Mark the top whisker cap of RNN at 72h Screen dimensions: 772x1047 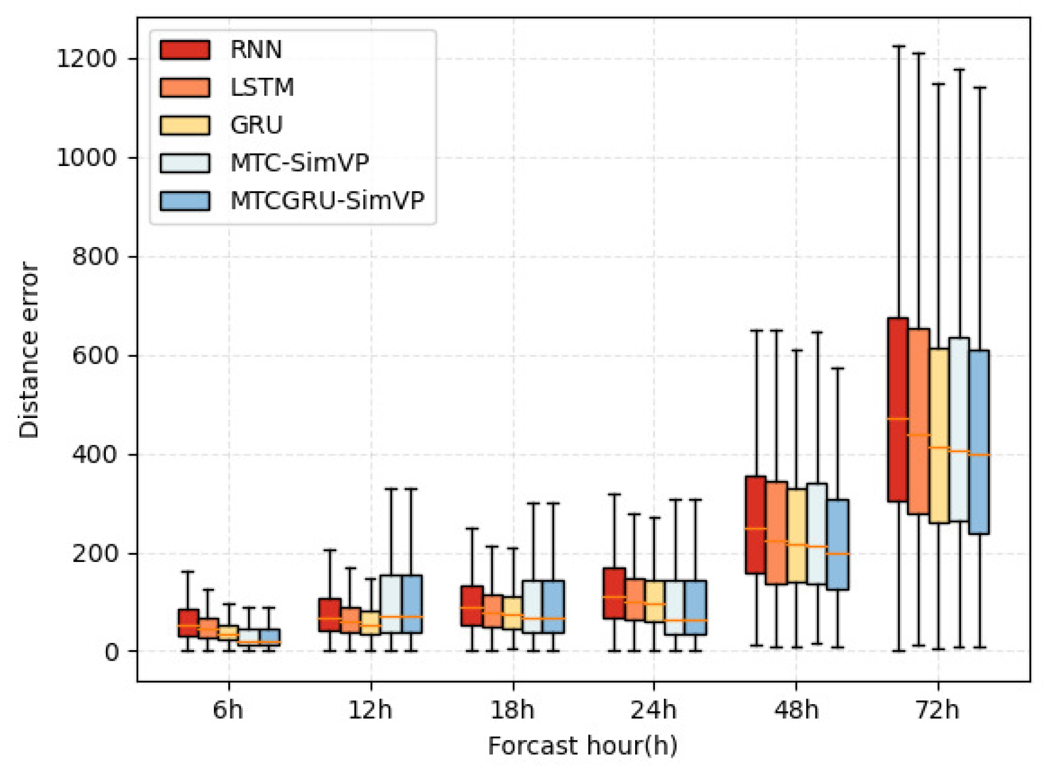(x=899, y=46)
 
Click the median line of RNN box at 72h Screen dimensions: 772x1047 (x=898, y=419)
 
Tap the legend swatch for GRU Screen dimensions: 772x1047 (x=185, y=125)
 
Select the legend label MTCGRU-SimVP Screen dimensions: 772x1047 (x=327, y=200)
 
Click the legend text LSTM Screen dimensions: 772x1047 (x=262, y=87)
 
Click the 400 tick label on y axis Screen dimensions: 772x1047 (x=94, y=455)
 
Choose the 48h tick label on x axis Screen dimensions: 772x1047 (x=796, y=710)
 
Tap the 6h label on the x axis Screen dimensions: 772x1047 (x=228, y=710)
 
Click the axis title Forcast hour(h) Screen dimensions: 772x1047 (x=582, y=746)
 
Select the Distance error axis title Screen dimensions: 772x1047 (x=29, y=350)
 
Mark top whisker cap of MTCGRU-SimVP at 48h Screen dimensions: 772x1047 (x=837, y=368)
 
